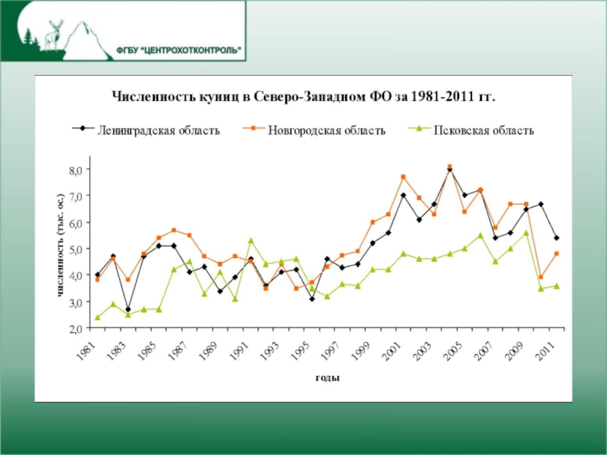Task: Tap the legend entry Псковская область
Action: click(483, 130)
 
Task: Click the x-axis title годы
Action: click(327, 378)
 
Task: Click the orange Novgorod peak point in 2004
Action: click(449, 167)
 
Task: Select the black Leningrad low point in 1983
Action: click(127, 310)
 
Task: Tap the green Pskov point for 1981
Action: click(97, 318)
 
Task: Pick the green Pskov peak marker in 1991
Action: click(250, 240)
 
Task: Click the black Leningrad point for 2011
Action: click(557, 238)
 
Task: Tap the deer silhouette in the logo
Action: click(54, 34)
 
